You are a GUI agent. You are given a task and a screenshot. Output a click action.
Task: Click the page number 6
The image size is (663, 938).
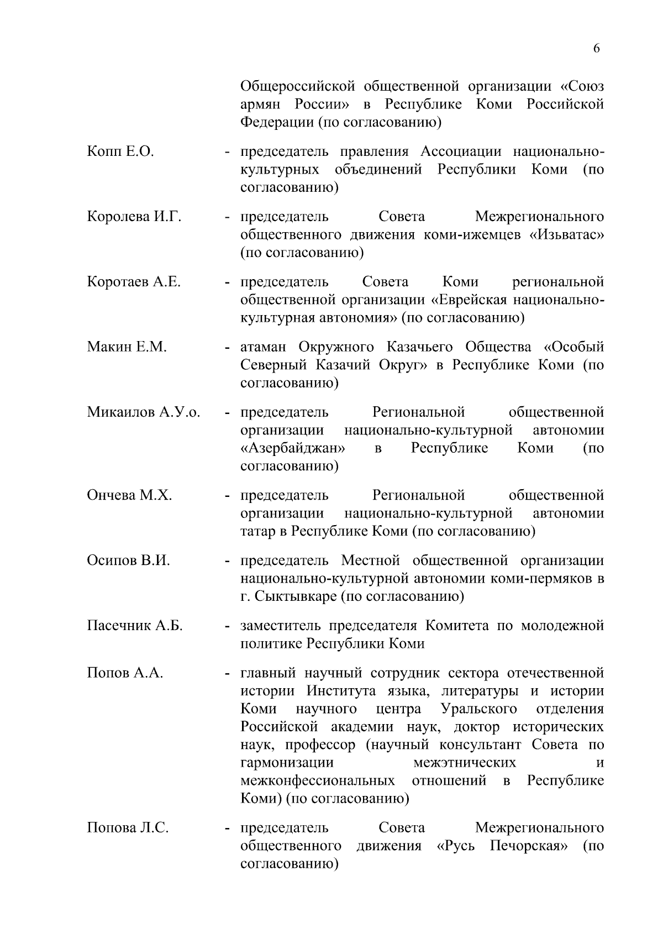[596, 49]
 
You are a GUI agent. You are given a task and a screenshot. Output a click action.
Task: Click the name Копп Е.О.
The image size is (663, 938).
[120, 151]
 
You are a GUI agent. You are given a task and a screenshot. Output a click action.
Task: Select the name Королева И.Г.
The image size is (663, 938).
[134, 217]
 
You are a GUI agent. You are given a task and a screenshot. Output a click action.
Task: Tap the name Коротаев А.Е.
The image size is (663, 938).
[134, 282]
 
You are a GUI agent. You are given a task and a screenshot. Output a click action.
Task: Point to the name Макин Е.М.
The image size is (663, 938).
[127, 347]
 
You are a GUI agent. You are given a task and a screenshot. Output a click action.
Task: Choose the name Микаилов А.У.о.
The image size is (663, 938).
[144, 412]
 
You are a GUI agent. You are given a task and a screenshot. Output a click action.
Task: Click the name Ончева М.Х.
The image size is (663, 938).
[129, 495]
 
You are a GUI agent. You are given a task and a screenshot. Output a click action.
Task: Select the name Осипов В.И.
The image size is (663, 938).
[128, 560]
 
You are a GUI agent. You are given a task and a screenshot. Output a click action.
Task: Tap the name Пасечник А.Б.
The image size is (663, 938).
[135, 626]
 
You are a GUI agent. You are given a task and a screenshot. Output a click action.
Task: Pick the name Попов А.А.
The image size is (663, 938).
[125, 673]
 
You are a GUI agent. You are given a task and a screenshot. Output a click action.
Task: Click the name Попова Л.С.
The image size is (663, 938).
[128, 828]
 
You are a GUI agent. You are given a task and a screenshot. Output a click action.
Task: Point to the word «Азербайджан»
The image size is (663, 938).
[293, 448]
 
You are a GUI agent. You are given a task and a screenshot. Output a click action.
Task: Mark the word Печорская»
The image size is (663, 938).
[529, 846]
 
